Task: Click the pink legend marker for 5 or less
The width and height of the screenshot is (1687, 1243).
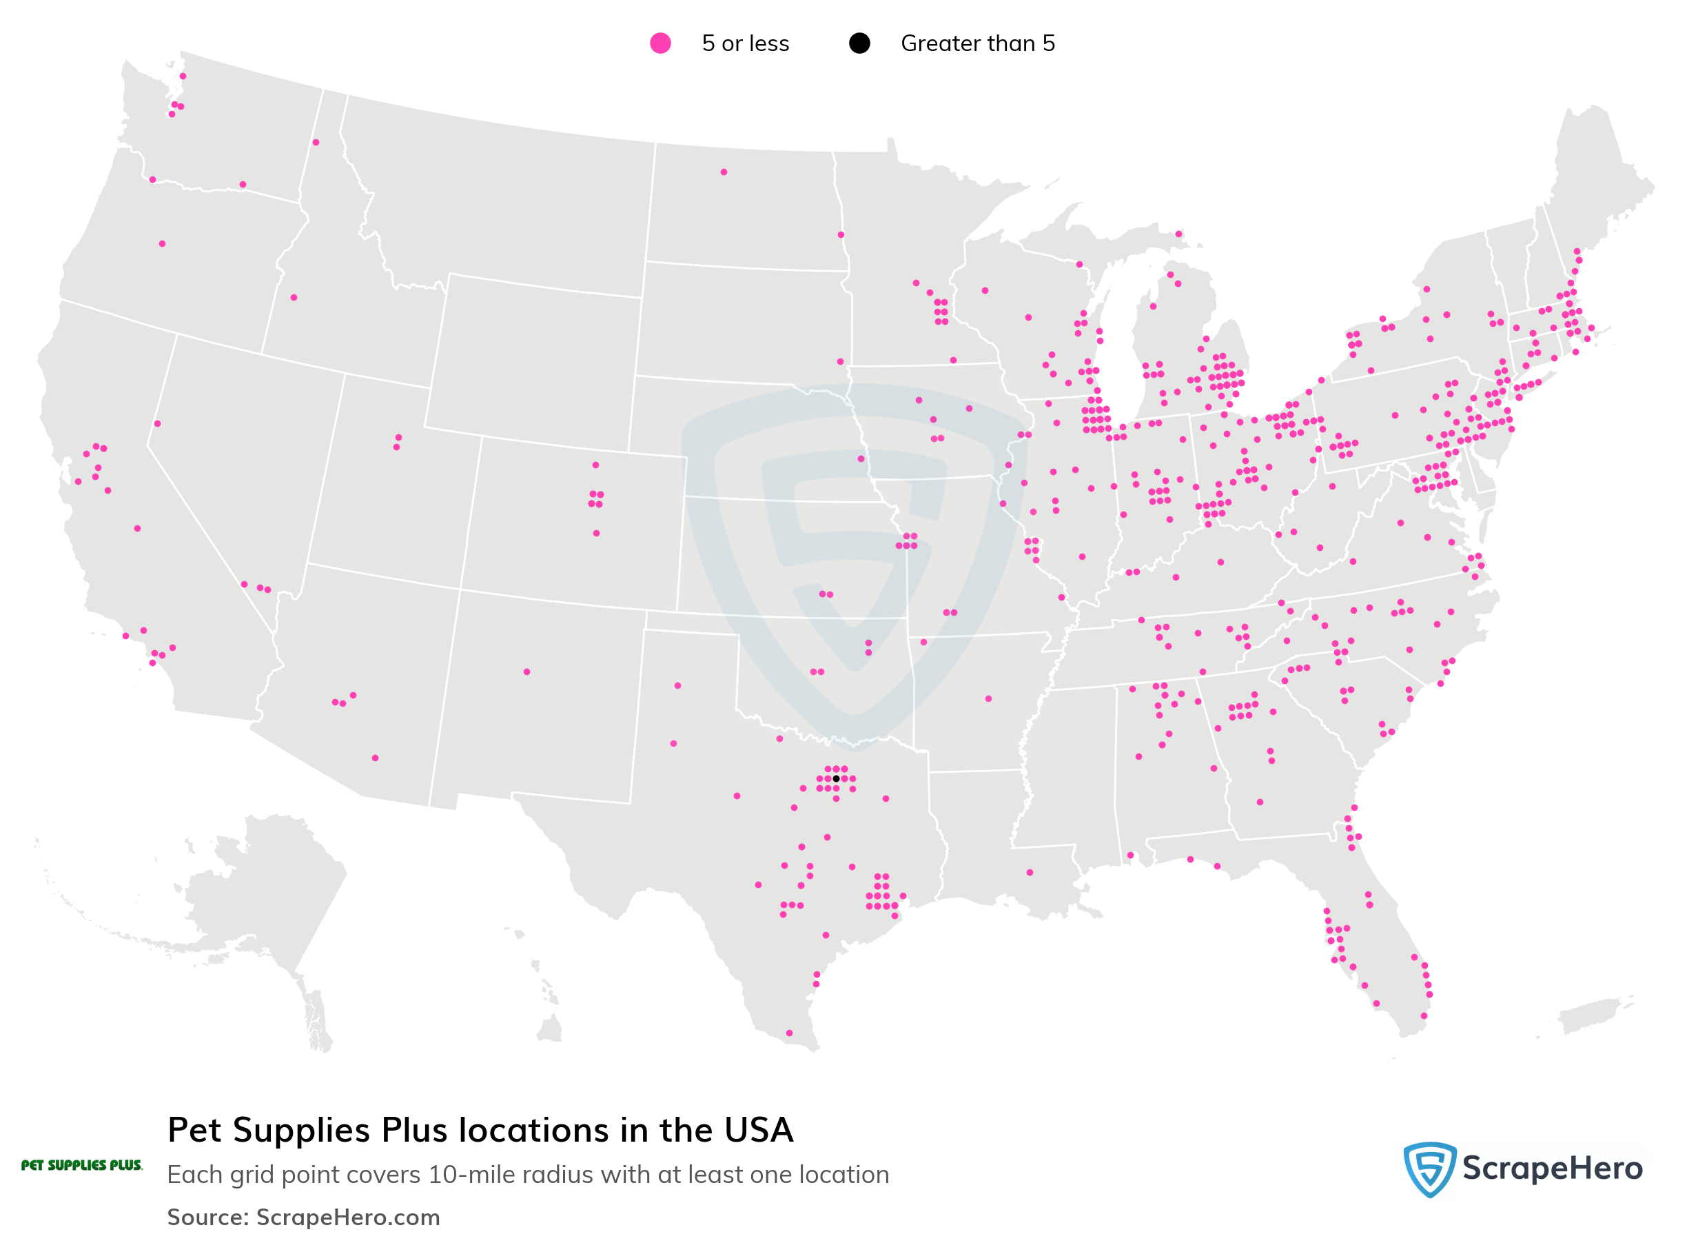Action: [x=660, y=43]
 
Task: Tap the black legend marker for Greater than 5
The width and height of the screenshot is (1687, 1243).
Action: [x=859, y=43]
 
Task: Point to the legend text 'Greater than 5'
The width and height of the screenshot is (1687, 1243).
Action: [x=977, y=43]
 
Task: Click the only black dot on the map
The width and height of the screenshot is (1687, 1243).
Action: [x=836, y=779]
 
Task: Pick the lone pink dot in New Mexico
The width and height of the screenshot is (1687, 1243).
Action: [x=526, y=672]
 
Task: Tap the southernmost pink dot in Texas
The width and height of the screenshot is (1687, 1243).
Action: [x=789, y=1033]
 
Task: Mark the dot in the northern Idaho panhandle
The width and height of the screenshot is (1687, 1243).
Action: [x=316, y=142]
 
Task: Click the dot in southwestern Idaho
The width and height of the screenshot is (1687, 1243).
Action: [x=294, y=298]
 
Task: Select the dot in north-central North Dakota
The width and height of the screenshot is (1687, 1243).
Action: [x=724, y=172]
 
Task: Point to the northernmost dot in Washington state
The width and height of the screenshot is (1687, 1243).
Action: [x=183, y=77]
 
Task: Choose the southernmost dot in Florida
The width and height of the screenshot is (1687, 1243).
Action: [x=1424, y=1015]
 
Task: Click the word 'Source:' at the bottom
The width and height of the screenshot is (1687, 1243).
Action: [x=207, y=1217]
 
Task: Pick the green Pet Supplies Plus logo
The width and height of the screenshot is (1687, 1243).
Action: [x=81, y=1166]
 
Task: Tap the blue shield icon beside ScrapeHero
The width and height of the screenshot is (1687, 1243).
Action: [x=1429, y=1169]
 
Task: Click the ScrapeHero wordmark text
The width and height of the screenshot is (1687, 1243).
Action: [x=1552, y=1169]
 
